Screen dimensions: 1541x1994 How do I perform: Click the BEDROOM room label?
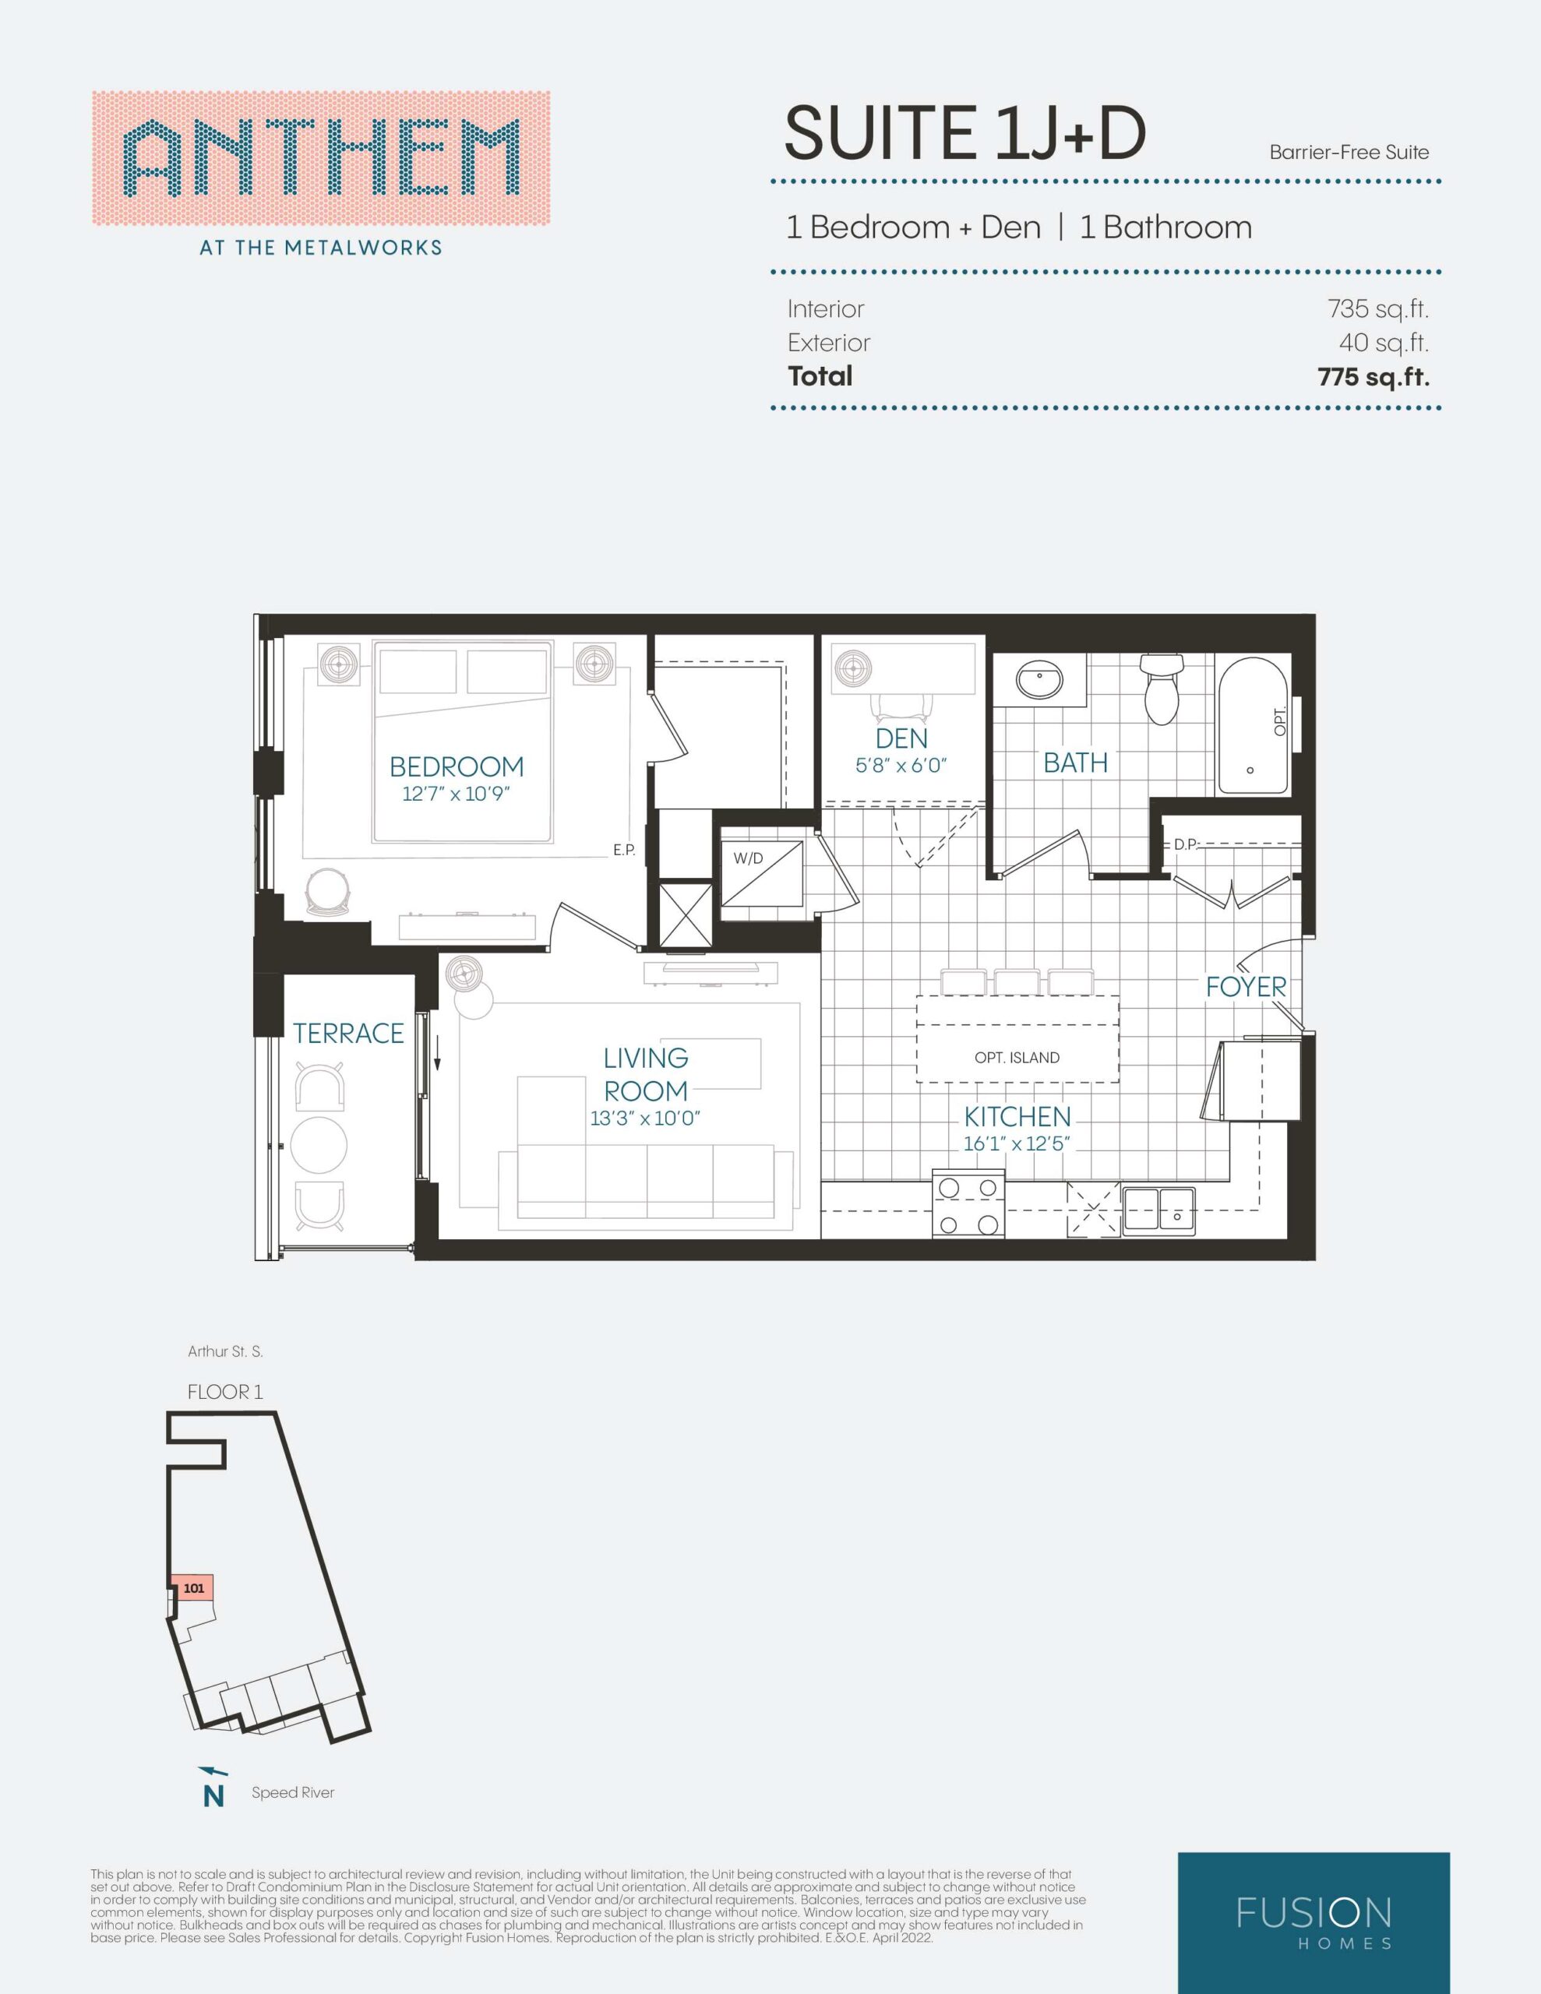pyautogui.click(x=457, y=766)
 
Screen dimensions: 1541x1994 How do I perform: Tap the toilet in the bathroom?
pyautogui.click(x=1159, y=689)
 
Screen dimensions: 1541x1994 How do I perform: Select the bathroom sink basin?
pyautogui.click(x=1039, y=681)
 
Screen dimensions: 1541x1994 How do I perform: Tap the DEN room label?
pyautogui.click(x=901, y=738)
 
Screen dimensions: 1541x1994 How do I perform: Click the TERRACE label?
pyautogui.click(x=348, y=1033)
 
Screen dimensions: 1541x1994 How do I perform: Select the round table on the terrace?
pyautogui.click(x=319, y=1146)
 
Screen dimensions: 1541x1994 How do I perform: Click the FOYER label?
pyautogui.click(x=1246, y=986)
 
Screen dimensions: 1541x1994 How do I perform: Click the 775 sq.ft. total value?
pyautogui.click(x=1373, y=376)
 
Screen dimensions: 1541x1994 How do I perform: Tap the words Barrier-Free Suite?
pyautogui.click(x=1349, y=153)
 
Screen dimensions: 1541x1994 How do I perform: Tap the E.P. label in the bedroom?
pyautogui.click(x=624, y=850)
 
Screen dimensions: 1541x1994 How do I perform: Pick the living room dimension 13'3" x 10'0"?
pyautogui.click(x=645, y=1119)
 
